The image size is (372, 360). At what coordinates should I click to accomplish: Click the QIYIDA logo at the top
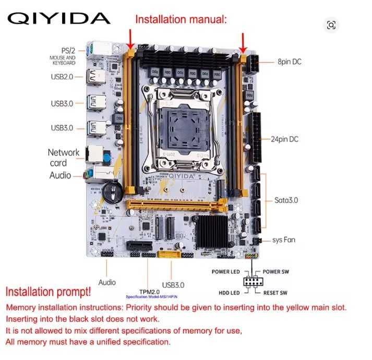coord(59,18)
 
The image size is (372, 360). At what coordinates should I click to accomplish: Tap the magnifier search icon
coord(331,25)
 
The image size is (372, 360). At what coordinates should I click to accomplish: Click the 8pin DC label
coord(289,62)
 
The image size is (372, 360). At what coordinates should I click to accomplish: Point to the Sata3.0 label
coord(286,200)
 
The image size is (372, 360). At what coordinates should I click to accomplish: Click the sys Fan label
coord(285,241)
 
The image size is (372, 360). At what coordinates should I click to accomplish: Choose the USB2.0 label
coord(62,77)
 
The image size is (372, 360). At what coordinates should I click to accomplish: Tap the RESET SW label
coord(277,293)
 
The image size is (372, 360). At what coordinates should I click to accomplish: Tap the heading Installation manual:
coord(181,20)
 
